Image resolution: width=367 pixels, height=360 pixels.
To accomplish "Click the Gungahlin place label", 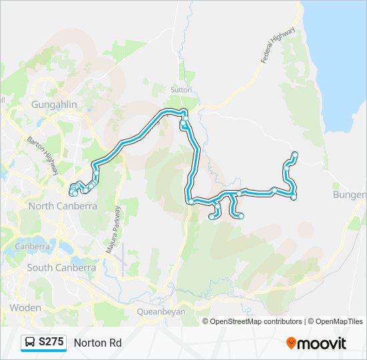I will pyautogui.click(x=55, y=105).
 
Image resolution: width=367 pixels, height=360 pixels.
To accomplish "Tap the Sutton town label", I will pyautogui.click(x=181, y=89).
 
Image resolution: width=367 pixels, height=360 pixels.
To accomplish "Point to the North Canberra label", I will pyautogui.click(x=62, y=206).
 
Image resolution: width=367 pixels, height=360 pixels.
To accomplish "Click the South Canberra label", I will pyautogui.click(x=61, y=267).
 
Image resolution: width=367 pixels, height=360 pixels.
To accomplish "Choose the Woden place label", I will pyautogui.click(x=25, y=307).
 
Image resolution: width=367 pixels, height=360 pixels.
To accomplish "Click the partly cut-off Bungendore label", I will pyautogui.click(x=349, y=194).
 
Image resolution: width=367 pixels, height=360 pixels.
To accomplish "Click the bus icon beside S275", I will pyautogui.click(x=31, y=343).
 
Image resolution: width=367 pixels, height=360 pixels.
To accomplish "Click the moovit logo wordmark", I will pyautogui.click(x=322, y=343).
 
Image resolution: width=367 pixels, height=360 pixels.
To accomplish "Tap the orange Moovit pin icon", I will pyautogui.click(x=291, y=343).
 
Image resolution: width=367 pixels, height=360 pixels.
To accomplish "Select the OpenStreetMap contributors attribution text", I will pyautogui.click(x=256, y=321).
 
